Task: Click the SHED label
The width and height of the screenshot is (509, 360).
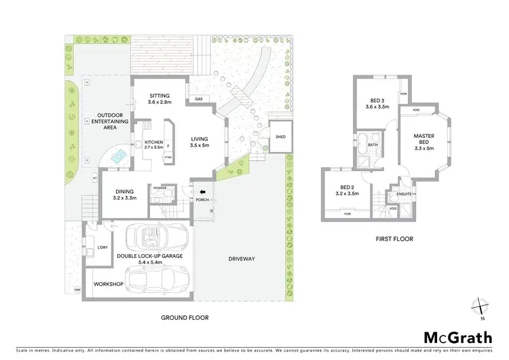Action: (280, 137)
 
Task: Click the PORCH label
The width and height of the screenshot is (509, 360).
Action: (201, 201)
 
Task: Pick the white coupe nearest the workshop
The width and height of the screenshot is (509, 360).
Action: (155, 278)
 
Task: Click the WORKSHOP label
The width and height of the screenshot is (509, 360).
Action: (109, 284)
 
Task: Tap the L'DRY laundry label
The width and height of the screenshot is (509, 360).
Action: (102, 247)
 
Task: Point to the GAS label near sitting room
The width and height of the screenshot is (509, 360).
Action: (199, 99)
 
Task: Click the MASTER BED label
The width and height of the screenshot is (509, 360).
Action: (423, 140)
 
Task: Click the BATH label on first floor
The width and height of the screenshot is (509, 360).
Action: (373, 145)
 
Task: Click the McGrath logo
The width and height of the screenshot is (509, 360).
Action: (458, 337)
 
